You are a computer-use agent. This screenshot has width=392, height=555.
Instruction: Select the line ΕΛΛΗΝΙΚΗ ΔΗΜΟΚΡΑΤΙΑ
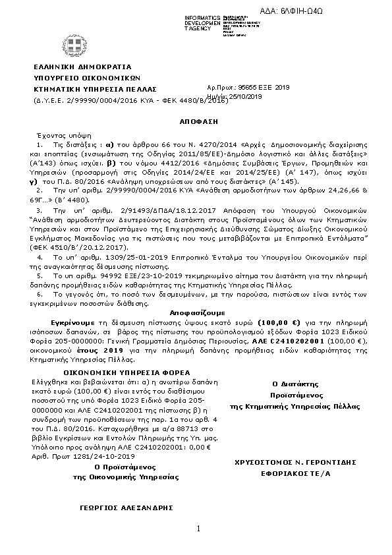tap(82, 67)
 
